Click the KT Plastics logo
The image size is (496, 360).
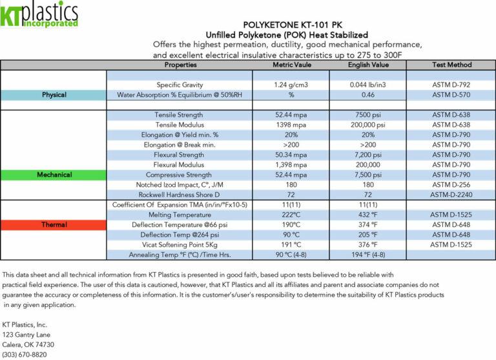(39, 15)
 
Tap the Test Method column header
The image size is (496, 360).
(451, 65)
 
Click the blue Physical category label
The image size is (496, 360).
(54, 95)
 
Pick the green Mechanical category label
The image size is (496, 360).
(54, 175)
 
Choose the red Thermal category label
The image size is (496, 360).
(54, 225)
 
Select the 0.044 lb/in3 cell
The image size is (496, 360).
(367, 85)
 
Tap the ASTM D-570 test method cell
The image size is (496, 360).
(451, 95)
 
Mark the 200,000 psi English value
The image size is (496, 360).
(367, 125)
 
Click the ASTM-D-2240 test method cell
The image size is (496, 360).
(451, 195)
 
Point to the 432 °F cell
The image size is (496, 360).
(367, 215)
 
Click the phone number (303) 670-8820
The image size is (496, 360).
(24, 355)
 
